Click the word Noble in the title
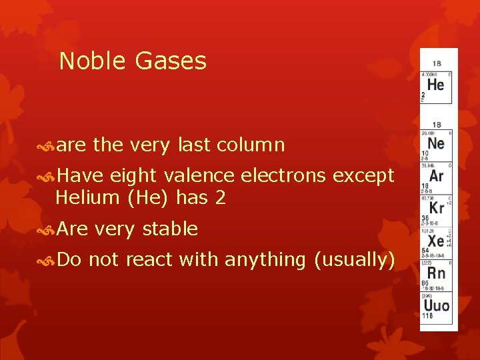tap(93, 61)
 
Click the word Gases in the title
tap(171, 61)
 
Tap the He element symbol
tap(435, 85)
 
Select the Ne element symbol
tap(435, 143)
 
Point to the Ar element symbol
tap(436, 176)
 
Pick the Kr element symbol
tap(436, 208)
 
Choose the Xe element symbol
tap(435, 241)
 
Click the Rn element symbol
tap(436, 273)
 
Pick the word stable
tap(171, 229)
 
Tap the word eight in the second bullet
tap(129, 176)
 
